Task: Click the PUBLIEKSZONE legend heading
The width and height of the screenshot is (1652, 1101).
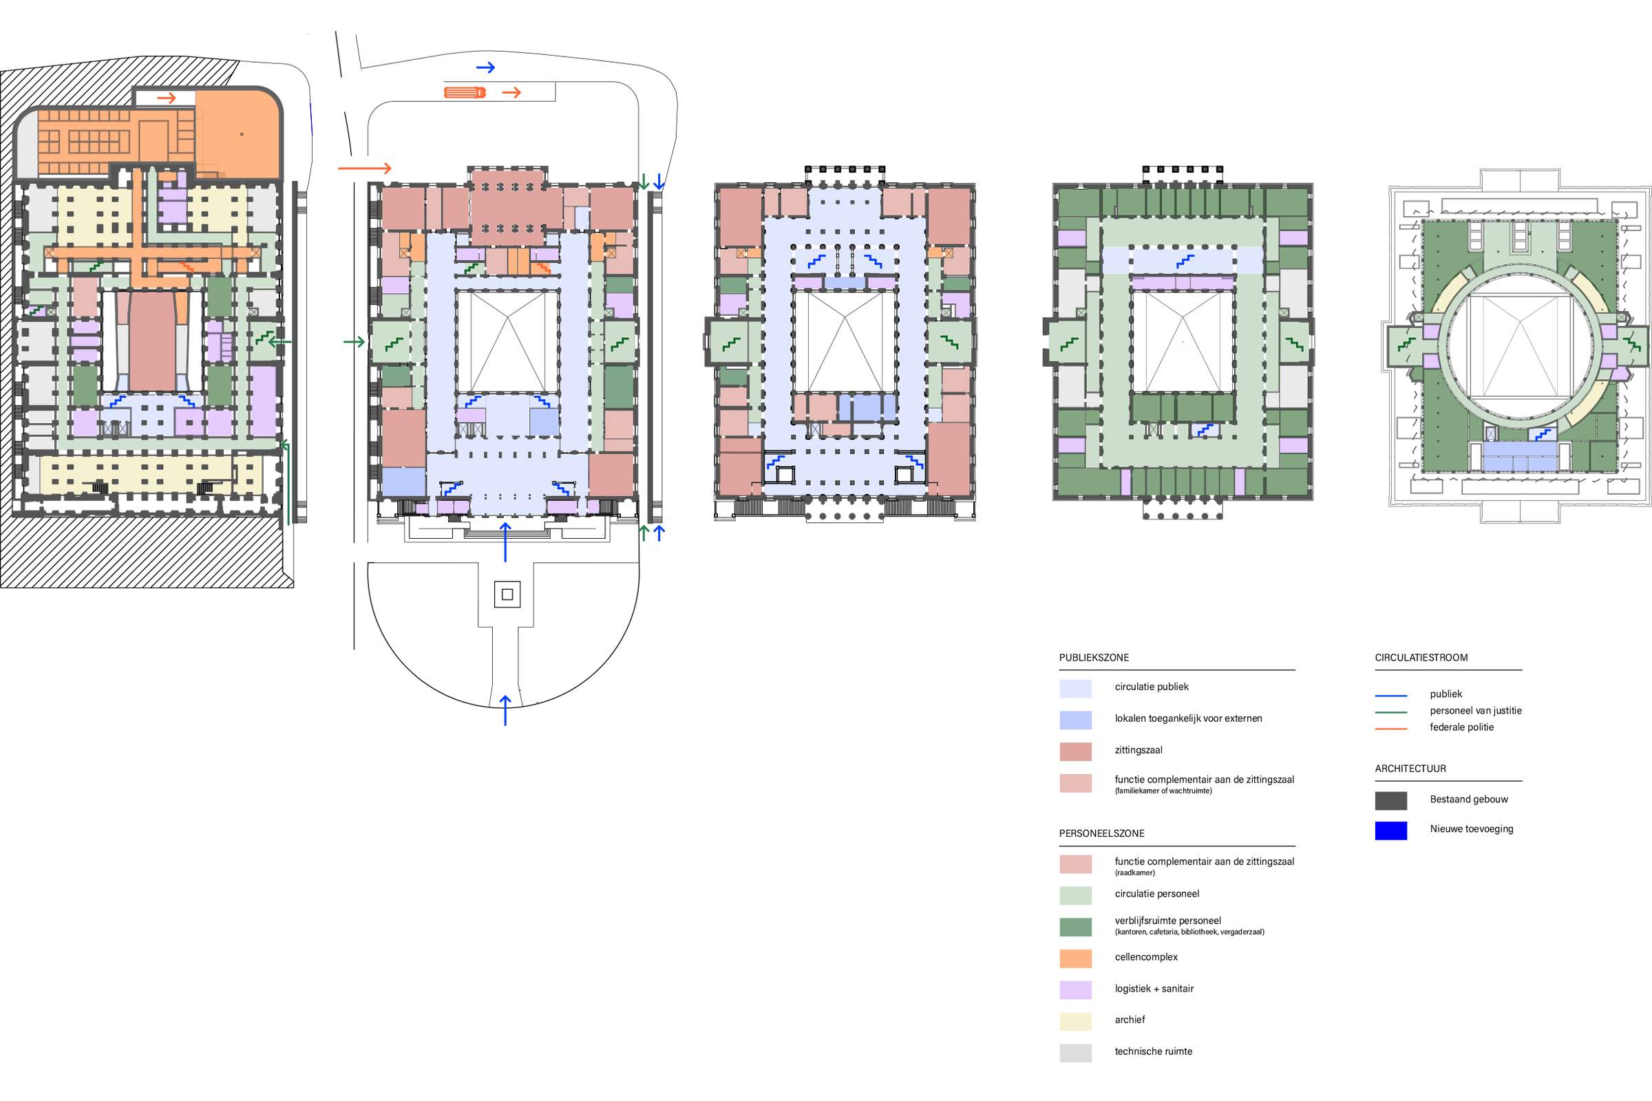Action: point(1094,658)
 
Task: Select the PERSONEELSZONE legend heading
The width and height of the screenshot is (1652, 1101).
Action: point(1101,833)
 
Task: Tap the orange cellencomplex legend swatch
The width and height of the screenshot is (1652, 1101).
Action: point(1075,959)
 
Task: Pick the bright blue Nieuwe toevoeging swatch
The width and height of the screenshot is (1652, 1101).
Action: point(1390,831)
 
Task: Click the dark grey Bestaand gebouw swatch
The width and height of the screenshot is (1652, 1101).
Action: point(1390,800)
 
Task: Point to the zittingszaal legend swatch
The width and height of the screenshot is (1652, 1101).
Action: point(1075,751)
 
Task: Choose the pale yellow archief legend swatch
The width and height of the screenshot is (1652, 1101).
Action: point(1075,1021)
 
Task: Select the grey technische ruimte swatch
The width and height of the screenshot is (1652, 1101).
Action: point(1075,1053)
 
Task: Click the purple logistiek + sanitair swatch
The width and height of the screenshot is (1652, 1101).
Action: point(1075,990)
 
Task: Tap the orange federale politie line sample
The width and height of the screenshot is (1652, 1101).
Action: point(1390,729)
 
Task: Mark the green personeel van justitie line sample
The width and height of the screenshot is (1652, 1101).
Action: point(1390,712)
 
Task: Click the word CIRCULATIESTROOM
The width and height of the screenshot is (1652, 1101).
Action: point(1421,658)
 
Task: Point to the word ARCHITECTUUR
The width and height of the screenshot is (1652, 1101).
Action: point(1410,769)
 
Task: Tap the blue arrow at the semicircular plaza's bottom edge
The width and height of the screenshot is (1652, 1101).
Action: point(505,709)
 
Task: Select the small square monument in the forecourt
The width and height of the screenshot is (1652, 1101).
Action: point(507,595)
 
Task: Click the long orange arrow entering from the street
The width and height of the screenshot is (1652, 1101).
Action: point(365,169)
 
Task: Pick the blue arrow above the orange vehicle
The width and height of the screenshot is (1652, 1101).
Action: point(485,67)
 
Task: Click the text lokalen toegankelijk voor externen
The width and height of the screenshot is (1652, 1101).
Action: point(1189,718)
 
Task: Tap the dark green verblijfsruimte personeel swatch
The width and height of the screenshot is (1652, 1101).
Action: point(1075,927)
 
